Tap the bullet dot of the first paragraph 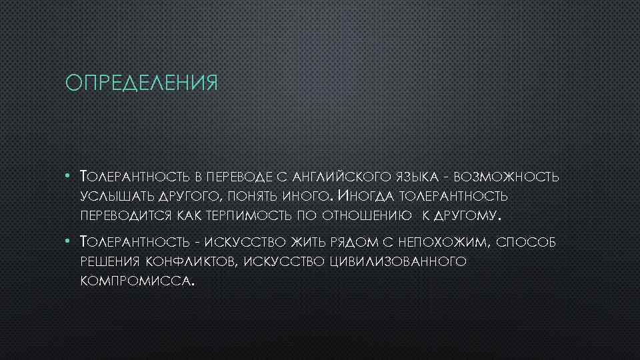[x=69, y=177]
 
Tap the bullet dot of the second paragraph [x=69, y=241]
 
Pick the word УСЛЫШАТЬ [x=117, y=197]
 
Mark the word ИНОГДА [x=366, y=196]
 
